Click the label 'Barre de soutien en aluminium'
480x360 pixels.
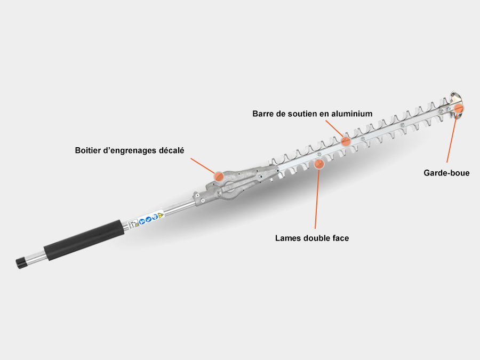coord(312,114)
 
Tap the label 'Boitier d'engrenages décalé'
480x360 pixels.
coord(130,150)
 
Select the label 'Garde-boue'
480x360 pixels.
coord(446,173)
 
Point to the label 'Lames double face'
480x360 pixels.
coord(312,238)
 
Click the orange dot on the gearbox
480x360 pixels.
coord(219,177)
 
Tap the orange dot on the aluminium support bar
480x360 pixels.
coord(346,141)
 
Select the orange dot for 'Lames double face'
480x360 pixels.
coord(319,164)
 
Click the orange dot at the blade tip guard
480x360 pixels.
coord(459,108)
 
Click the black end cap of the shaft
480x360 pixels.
coord(21,263)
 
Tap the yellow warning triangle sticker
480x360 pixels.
coord(161,215)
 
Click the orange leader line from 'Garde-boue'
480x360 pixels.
coord(452,138)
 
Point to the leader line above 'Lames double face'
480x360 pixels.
coord(317,199)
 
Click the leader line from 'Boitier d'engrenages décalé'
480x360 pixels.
coord(203,166)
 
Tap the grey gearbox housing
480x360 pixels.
coord(236,183)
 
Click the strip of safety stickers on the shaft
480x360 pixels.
coord(146,219)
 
